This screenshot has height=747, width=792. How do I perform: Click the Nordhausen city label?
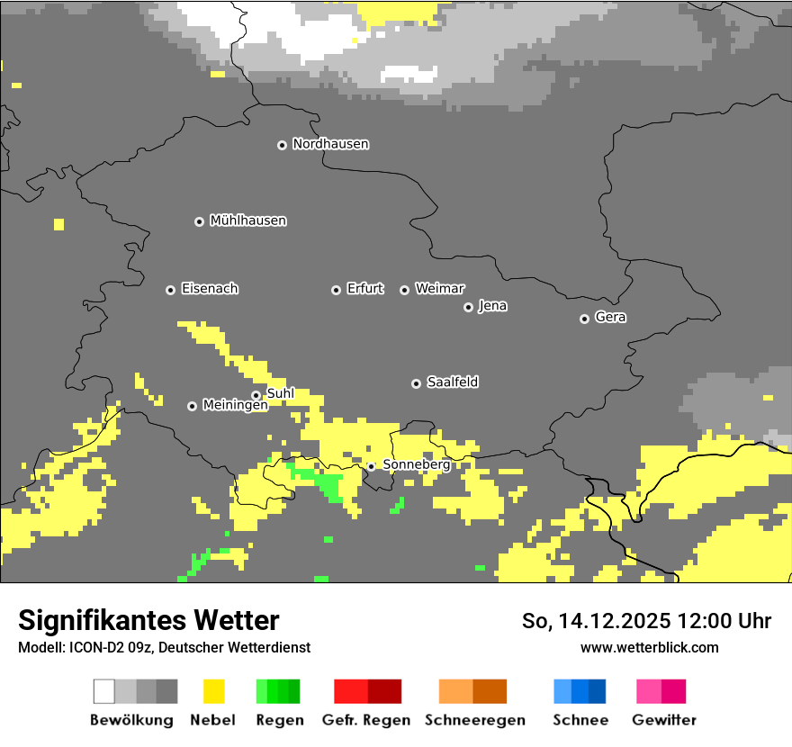tap(330, 144)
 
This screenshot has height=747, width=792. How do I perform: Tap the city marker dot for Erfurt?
tap(336, 290)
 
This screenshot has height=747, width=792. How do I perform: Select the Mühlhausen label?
tap(247, 220)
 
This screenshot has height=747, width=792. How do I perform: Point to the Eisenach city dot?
tap(170, 290)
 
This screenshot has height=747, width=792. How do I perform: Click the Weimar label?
tap(439, 289)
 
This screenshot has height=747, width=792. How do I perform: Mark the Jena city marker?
tap(468, 307)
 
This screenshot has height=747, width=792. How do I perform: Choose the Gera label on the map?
tap(610, 318)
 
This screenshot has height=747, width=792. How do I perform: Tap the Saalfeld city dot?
tap(416, 383)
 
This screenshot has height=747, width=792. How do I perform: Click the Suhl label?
tap(280, 393)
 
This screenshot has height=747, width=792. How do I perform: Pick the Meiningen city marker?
tap(192, 406)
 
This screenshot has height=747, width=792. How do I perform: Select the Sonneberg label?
tap(416, 464)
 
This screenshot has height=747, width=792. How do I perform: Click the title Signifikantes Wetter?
tap(148, 620)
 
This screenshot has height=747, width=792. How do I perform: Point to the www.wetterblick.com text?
tap(649, 647)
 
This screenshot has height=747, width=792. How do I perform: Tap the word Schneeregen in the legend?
tap(474, 720)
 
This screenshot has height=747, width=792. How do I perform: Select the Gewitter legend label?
tap(663, 720)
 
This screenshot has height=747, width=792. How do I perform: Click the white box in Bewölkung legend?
tap(104, 691)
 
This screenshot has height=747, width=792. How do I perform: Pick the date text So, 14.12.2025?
tap(595, 621)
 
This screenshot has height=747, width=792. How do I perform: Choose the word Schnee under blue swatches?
tap(580, 720)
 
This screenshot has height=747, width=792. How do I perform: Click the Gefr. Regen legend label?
tap(365, 720)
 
